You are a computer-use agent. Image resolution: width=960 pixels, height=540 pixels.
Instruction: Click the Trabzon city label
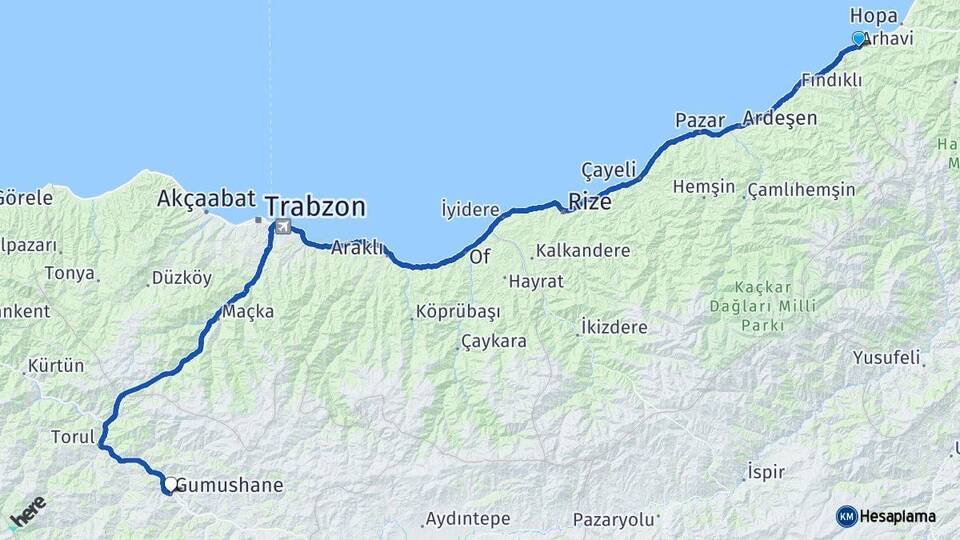pyautogui.click(x=316, y=208)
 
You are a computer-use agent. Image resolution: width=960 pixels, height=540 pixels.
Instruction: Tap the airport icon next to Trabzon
pyautogui.click(x=283, y=227)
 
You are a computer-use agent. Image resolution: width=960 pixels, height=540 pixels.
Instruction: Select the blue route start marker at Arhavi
pyautogui.click(x=858, y=38)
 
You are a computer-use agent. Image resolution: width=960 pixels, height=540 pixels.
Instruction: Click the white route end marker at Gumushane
pyautogui.click(x=170, y=484)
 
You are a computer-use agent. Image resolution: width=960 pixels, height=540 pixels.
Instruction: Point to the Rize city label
pyautogui.click(x=589, y=202)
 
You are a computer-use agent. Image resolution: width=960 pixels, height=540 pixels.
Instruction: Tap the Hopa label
pyautogui.click(x=873, y=15)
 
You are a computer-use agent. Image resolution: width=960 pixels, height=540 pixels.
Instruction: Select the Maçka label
pyautogui.click(x=248, y=311)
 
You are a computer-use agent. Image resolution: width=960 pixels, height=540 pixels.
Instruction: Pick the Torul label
pyautogui.click(x=72, y=437)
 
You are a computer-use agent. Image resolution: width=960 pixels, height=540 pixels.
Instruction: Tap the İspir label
pyautogui.click(x=766, y=471)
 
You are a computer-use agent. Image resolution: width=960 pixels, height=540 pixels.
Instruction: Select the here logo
pyautogui.click(x=27, y=512)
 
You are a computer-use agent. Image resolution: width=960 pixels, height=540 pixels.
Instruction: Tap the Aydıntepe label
pyautogui.click(x=467, y=519)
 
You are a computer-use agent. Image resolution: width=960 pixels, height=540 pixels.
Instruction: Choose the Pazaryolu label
pyautogui.click(x=613, y=519)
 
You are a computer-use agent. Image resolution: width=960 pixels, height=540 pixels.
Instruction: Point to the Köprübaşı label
pyautogui.click(x=457, y=312)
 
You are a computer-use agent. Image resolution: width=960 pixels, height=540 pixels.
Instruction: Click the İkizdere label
pyautogui.click(x=613, y=327)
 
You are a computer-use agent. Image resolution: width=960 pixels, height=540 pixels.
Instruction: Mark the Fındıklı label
pyautogui.click(x=831, y=80)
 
